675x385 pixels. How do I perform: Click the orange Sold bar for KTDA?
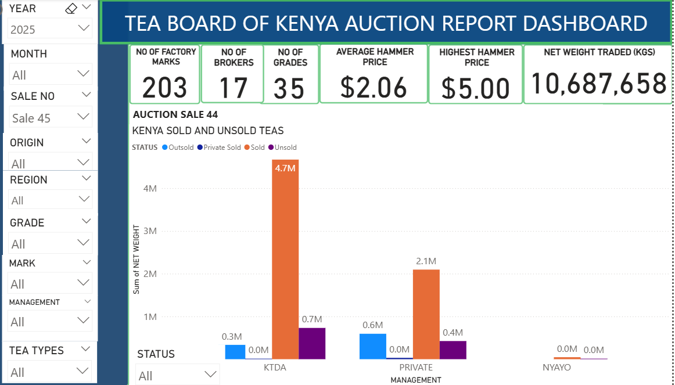285,258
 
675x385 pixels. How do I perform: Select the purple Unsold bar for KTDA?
312,343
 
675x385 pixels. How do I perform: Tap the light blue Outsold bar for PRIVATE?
373,346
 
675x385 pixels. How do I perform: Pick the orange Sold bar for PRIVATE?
426,314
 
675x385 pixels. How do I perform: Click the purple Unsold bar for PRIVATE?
453,350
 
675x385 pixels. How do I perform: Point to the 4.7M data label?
285,168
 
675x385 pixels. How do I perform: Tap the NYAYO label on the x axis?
556,368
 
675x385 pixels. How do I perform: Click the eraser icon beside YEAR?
71,8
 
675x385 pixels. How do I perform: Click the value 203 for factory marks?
165,88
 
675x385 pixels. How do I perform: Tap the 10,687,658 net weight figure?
599,84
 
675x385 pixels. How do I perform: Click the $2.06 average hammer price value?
374,88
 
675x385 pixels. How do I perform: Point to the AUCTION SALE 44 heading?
175,115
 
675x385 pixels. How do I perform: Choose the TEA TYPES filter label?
37,350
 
